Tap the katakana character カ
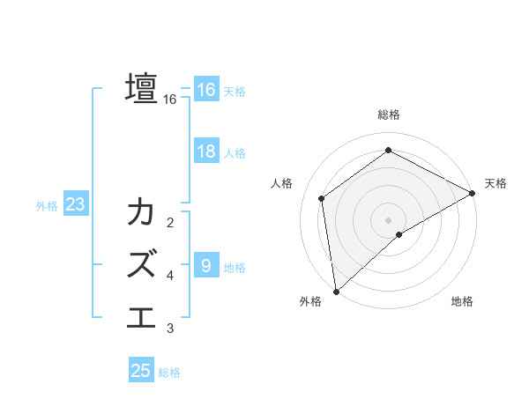click(142, 214)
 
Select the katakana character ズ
click(142, 263)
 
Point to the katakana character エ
click(142, 314)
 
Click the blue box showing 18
click(205, 152)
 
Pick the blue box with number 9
click(205, 265)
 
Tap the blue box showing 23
click(75, 205)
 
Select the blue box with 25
click(141, 371)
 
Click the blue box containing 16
click(205, 90)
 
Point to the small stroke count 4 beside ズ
click(170, 276)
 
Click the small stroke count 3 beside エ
click(170, 329)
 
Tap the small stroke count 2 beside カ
click(170, 222)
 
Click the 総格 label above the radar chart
click(389, 114)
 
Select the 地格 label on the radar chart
click(462, 301)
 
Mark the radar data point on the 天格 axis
click(472, 194)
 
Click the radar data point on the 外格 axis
click(336, 291)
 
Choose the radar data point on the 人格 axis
click(322, 198)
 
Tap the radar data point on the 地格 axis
click(399, 234)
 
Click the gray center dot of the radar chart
click(389, 219)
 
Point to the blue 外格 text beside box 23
click(47, 206)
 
